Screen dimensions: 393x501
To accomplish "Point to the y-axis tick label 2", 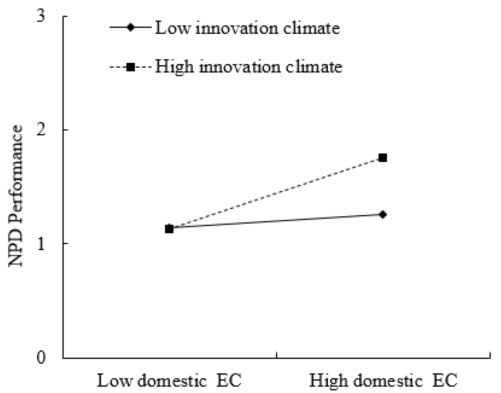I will [41, 130].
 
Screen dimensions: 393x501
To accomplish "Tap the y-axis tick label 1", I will [41, 244].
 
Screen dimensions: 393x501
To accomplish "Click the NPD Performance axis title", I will [16, 196].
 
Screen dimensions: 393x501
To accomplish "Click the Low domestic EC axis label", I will [169, 380].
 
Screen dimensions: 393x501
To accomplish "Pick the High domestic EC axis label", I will [383, 380].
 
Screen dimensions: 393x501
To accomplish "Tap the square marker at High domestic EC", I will [383, 158].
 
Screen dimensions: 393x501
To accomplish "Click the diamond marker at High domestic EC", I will [383, 214].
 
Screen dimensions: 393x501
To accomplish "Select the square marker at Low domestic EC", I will [169, 229].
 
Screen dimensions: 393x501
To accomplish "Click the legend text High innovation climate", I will [248, 67].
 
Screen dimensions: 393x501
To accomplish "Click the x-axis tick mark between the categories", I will [276, 355].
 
